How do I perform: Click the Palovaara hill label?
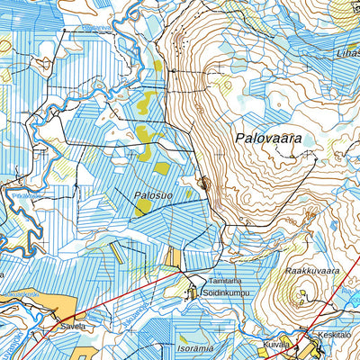tap(267, 139)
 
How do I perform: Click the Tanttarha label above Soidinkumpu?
tap(226, 280)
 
